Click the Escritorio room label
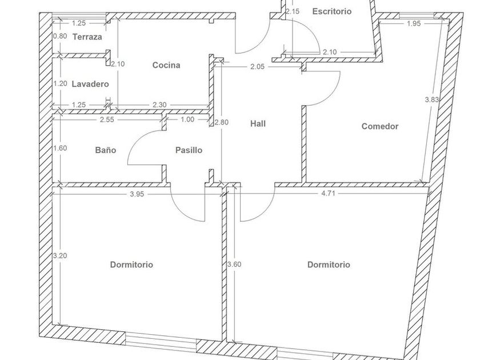332,11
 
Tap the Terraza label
87,37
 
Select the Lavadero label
90,84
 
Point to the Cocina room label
166,65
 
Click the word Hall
258,123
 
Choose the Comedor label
380,126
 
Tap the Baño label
106,150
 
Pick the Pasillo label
189,150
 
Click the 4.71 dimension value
328,194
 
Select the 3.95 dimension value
137,194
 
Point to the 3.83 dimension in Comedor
432,99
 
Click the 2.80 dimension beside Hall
221,122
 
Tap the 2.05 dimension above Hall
257,66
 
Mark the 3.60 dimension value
234,265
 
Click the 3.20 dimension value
60,255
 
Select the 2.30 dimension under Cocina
161,105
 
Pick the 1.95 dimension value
414,23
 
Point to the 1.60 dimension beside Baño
60,149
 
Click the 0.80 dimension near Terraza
60,36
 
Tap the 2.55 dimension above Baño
107,119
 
